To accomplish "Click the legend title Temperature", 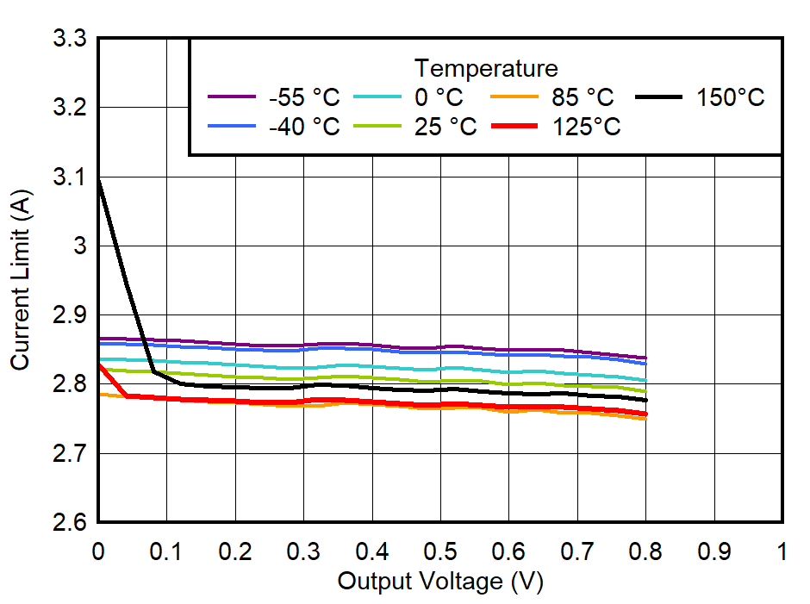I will [486, 68].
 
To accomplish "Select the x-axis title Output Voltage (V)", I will [440, 582].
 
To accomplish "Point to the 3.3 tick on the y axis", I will [70, 39].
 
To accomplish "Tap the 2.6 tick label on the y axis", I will [70, 523].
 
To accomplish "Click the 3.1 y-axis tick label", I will [70, 177].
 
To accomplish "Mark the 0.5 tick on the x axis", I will [440, 551].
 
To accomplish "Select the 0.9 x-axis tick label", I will [713, 551].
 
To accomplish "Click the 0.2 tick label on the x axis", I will [235, 551].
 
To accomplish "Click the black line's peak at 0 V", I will [99, 178].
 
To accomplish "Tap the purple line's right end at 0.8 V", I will [645, 358].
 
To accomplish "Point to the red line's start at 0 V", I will [99, 364].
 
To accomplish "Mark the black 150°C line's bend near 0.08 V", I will [153, 371].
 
